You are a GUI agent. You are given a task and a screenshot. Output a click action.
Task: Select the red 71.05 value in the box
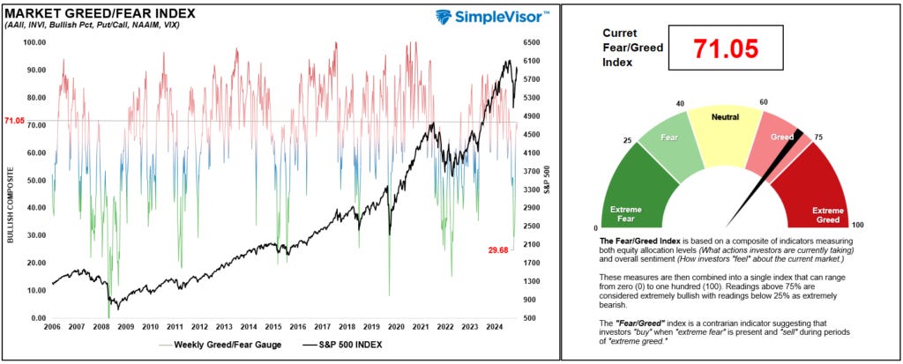click(726, 49)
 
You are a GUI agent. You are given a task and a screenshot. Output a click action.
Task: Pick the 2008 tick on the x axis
click(100, 326)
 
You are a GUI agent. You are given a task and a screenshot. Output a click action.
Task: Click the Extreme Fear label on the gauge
click(627, 213)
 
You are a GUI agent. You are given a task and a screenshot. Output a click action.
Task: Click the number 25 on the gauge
click(627, 140)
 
